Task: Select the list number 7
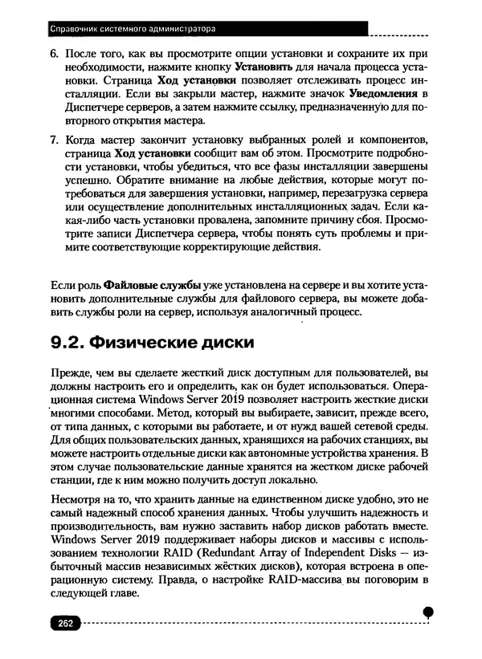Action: pos(55,138)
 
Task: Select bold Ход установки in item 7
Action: pos(153,153)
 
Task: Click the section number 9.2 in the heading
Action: pos(67,343)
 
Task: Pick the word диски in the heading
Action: pos(219,343)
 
